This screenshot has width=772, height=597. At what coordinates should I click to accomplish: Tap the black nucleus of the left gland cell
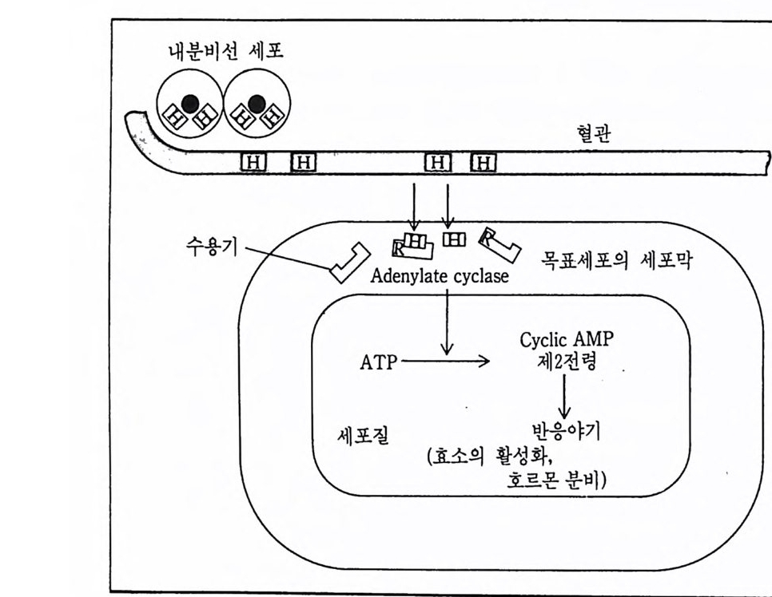190,102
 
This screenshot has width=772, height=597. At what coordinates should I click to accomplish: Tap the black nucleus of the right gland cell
257,102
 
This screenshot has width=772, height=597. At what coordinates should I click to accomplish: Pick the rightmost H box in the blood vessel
483,163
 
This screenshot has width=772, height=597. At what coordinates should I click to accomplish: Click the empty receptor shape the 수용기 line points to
348,263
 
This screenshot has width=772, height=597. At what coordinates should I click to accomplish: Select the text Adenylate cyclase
440,276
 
